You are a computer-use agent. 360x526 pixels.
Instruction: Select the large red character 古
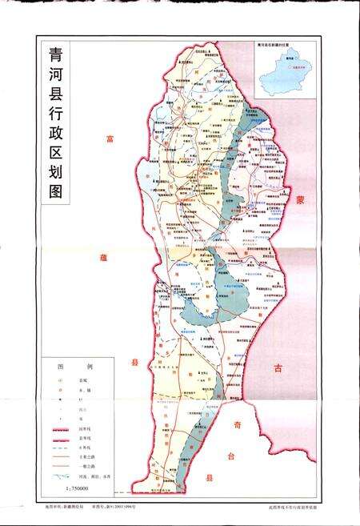[x=278, y=369]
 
